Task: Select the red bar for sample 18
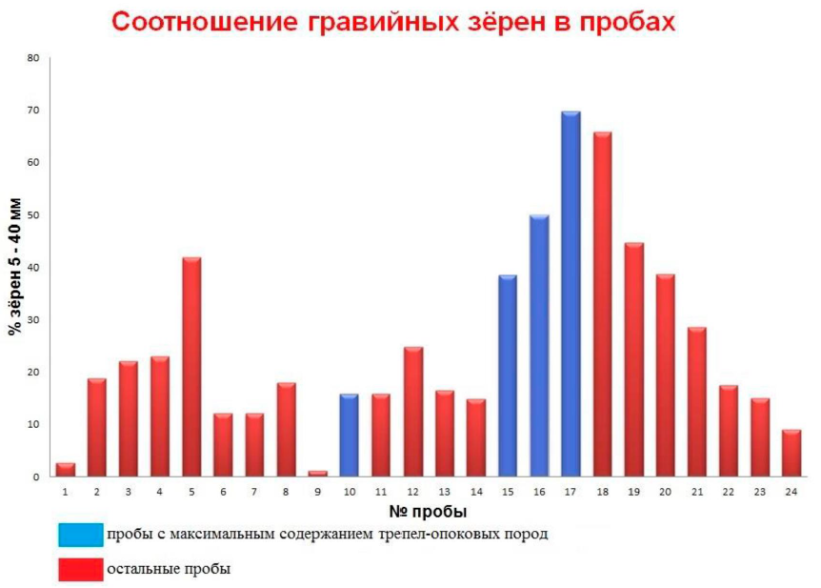click(602, 304)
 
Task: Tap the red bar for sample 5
click(191, 367)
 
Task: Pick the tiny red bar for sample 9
click(318, 473)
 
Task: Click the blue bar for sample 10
click(350, 435)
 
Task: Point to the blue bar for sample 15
click(508, 375)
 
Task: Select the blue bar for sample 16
click(539, 345)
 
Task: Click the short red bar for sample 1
click(65, 469)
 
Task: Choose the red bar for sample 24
click(791, 453)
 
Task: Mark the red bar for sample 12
click(413, 412)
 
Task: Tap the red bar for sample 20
click(665, 375)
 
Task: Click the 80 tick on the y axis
click(33, 58)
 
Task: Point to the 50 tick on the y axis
click(33, 215)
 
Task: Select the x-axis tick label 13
click(445, 492)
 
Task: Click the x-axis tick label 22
click(729, 492)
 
